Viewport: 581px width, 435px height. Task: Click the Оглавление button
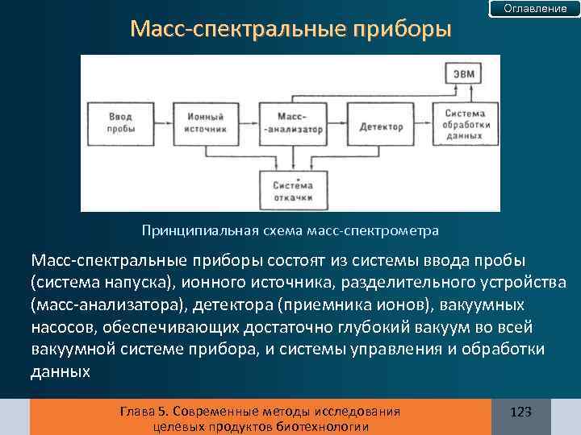click(535, 8)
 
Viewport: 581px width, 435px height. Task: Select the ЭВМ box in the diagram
click(464, 75)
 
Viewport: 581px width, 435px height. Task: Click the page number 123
click(521, 412)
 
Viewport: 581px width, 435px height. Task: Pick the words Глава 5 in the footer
click(140, 412)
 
